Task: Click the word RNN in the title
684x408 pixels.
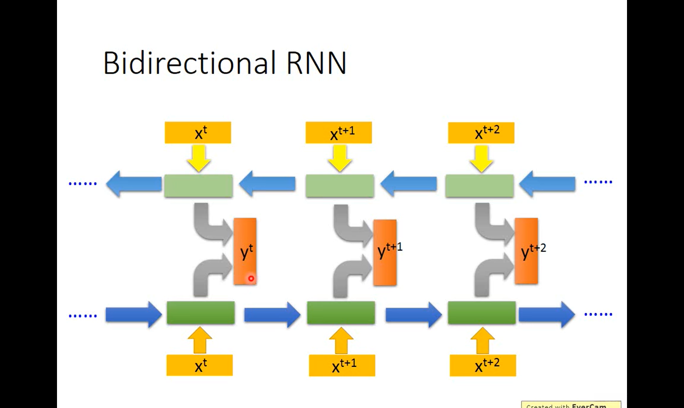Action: [316, 63]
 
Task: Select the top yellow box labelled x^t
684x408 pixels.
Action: [198, 132]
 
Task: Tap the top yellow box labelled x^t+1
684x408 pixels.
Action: [339, 132]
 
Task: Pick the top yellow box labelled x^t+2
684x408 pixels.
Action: [481, 132]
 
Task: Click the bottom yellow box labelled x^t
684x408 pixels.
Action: [199, 365]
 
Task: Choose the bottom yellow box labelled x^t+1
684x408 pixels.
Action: [342, 365]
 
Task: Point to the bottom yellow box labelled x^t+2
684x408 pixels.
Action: [483, 365]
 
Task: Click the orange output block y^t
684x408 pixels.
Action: [245, 251]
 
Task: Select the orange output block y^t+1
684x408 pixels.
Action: [385, 253]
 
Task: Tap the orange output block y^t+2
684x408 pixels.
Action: [526, 251]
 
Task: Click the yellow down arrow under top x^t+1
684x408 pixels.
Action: [340, 158]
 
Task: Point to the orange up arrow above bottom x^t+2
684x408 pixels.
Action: [483, 340]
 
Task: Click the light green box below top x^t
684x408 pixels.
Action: [198, 185]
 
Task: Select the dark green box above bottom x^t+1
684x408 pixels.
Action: [341, 313]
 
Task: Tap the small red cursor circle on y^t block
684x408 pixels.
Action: [251, 278]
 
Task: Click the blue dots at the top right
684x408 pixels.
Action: [598, 182]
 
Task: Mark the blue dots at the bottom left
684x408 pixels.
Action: [83, 315]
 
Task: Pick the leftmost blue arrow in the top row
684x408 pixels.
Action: [133, 184]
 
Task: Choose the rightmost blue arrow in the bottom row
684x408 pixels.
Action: [547, 314]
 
